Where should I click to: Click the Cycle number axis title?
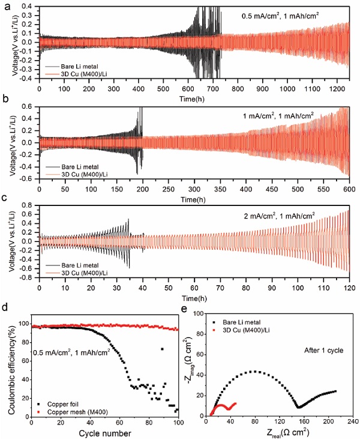(x=104, y=432)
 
